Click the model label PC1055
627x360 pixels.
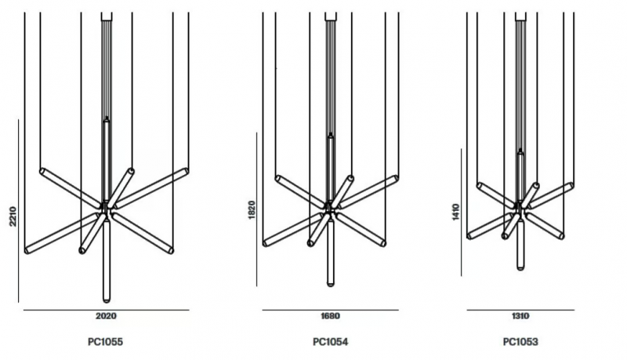coord(105,342)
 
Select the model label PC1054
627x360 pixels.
coord(330,342)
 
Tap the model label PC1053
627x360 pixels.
coord(520,342)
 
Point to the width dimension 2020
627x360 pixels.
coord(106,316)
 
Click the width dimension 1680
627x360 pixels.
coord(330,316)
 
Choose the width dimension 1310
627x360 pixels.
coord(520,316)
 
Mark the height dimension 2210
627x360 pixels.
coord(13,216)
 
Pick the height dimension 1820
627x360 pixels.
coord(251,210)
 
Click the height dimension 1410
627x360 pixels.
coord(456,212)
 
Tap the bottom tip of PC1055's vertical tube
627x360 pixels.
coord(107,302)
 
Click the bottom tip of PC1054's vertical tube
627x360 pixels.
coord(330,285)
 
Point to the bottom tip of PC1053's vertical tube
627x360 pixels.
coord(520,270)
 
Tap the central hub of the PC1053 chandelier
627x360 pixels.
coord(520,208)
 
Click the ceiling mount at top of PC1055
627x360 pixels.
coord(107,16)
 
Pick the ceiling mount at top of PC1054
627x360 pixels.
coord(330,16)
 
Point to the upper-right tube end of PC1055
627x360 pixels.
coord(186,171)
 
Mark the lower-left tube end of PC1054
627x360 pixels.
coord(266,243)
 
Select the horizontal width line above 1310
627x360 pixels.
coord(520,310)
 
